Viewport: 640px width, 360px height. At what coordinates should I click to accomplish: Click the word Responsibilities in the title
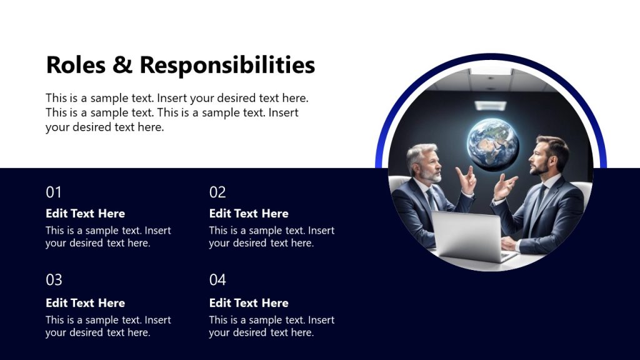(x=227, y=65)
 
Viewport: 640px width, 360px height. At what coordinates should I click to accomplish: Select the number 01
(x=54, y=192)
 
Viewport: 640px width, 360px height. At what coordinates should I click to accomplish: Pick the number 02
(x=217, y=192)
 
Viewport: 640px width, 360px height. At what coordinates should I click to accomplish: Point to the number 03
(x=54, y=279)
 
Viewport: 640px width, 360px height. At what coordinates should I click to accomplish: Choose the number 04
(x=217, y=279)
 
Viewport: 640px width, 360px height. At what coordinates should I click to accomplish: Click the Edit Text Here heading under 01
(x=85, y=213)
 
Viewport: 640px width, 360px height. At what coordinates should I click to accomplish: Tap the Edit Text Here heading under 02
(x=249, y=213)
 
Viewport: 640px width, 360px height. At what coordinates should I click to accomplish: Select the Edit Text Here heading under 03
(x=85, y=302)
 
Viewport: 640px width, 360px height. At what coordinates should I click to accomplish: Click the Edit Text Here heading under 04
(x=249, y=302)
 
